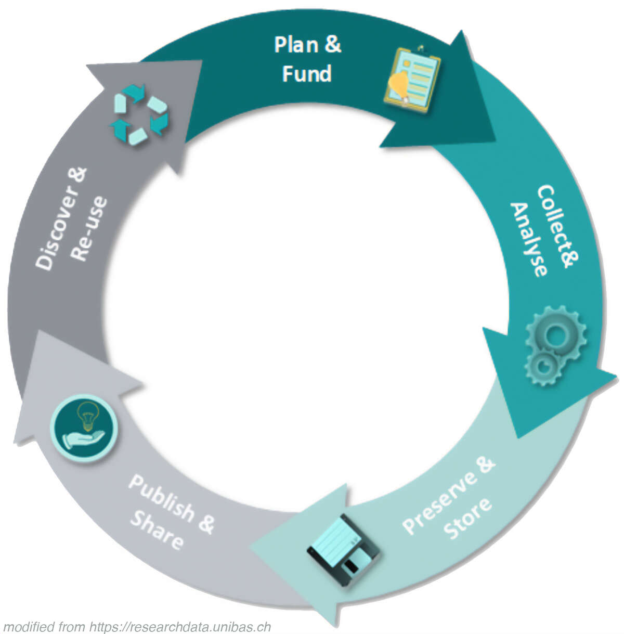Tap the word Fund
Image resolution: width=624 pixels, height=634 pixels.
[307, 74]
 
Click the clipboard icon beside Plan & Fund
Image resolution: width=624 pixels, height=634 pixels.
[412, 79]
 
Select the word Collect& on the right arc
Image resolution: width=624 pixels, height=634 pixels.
[558, 227]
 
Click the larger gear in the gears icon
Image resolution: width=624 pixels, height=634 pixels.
[556, 333]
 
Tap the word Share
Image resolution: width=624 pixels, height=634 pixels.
[156, 530]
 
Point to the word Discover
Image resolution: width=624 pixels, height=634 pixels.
[61, 218]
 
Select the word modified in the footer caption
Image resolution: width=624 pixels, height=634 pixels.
[29, 627]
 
